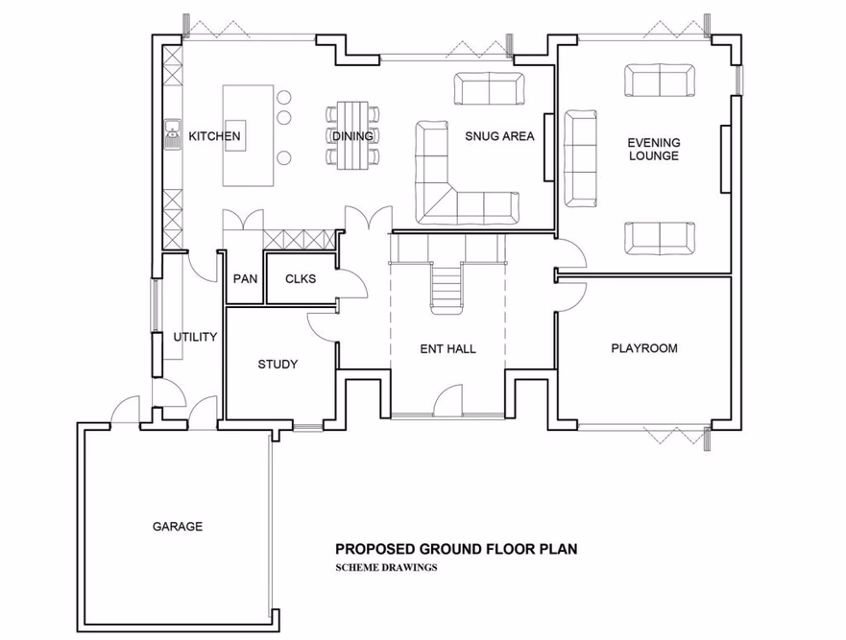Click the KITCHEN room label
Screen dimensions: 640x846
(214, 136)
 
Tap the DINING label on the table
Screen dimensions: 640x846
(352, 136)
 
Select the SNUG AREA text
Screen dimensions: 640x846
(499, 136)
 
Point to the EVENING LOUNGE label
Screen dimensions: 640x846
(653, 149)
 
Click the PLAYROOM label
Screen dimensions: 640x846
(644, 348)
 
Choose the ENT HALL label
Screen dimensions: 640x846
(447, 348)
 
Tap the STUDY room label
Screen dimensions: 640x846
(278, 365)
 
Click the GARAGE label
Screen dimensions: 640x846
(178, 526)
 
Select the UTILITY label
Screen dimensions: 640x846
(195, 337)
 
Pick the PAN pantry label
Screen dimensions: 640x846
(244, 279)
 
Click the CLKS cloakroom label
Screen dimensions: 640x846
(300, 279)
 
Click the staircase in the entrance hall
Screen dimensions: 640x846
(447, 286)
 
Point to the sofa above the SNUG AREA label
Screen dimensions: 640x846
(490, 89)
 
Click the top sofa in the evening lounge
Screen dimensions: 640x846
(660, 81)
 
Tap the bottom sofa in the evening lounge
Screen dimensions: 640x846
(660, 236)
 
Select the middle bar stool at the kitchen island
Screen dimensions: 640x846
(285, 118)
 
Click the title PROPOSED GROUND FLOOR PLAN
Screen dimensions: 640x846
(455, 550)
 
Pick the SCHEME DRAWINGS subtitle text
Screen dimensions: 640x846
(386, 567)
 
